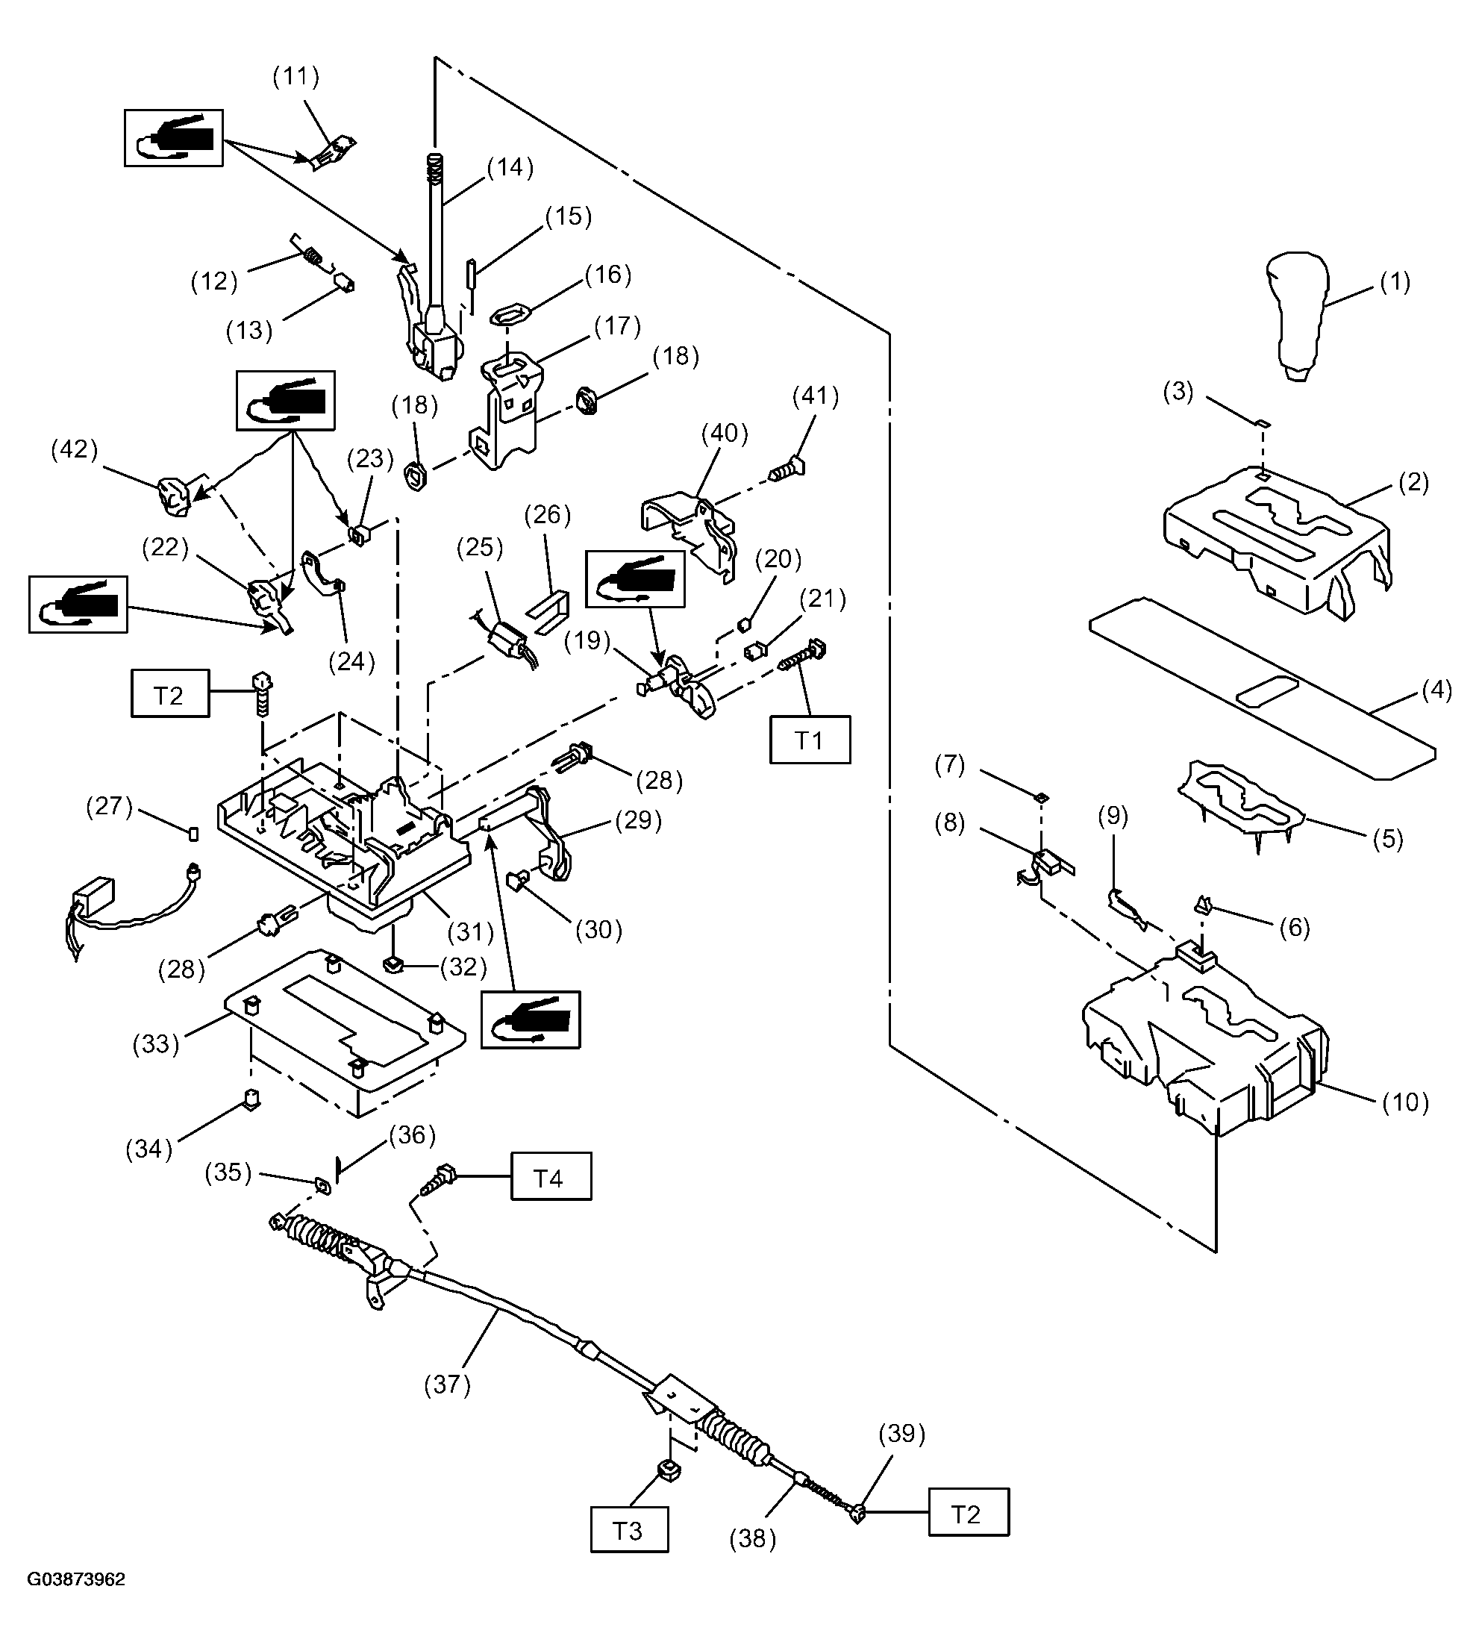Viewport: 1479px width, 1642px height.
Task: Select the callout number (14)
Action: (510, 167)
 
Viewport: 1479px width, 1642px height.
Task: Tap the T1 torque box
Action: (810, 740)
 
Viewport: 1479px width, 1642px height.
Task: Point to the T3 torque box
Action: (629, 1530)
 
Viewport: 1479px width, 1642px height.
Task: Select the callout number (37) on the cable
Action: (448, 1385)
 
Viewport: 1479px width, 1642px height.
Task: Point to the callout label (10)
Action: (1406, 1102)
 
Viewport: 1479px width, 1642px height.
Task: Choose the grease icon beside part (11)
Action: (174, 138)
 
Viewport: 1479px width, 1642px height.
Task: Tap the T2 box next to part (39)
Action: (969, 1512)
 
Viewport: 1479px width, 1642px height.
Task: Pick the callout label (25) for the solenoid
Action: (481, 548)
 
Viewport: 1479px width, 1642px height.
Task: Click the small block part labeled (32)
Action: (393, 964)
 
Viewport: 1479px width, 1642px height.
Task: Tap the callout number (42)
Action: (75, 449)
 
